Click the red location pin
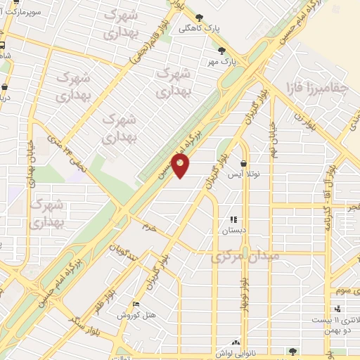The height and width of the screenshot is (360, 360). pyautogui.click(x=181, y=166)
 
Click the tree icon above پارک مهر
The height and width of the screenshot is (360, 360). pyautogui.click(x=222, y=50)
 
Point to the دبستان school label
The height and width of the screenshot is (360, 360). pyautogui.click(x=233, y=230)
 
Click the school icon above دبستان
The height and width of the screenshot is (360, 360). pyautogui.click(x=233, y=219)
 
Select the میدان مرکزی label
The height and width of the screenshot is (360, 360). pyautogui.click(x=245, y=257)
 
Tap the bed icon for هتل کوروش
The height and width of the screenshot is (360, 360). pyautogui.click(x=136, y=304)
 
